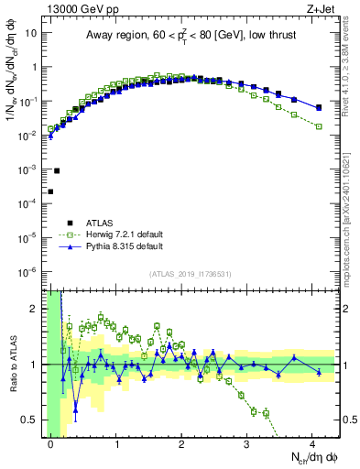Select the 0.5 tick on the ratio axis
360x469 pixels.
click(32, 420)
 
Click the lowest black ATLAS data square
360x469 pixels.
click(50, 191)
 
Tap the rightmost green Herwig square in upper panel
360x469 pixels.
click(319, 126)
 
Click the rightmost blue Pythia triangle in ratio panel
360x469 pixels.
click(319, 371)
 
